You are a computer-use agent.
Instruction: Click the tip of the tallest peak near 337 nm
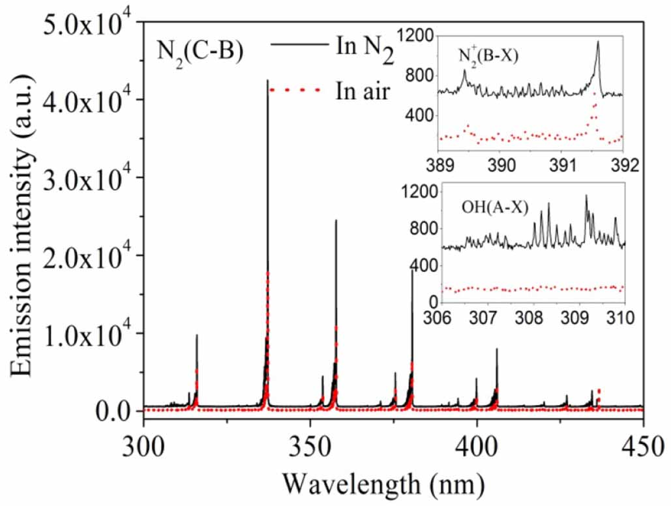(x=267, y=81)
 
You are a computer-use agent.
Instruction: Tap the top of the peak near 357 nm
(x=336, y=220)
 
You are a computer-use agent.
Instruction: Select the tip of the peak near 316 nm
(x=196, y=335)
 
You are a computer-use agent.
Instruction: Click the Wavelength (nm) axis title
(x=383, y=483)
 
